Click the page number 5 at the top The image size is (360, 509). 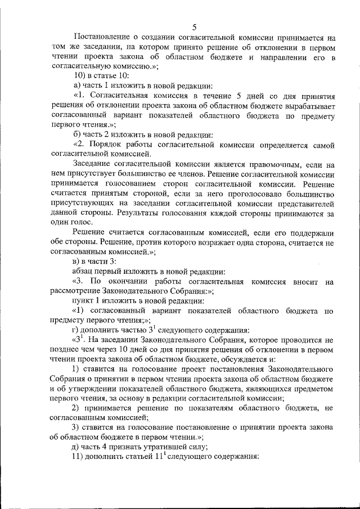tap(194, 26)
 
